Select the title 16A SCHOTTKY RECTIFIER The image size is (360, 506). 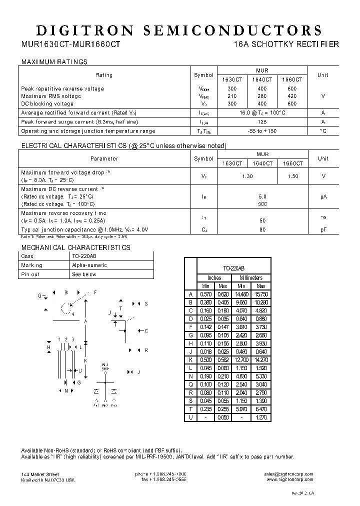click(x=286, y=44)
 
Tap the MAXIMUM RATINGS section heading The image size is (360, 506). click(x=54, y=62)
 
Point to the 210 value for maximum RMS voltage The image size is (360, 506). click(x=232, y=96)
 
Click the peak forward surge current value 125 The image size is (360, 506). click(x=262, y=121)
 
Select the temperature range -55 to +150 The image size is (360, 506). click(x=262, y=131)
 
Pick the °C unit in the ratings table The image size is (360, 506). click(x=323, y=131)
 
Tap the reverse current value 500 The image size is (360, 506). click(x=262, y=204)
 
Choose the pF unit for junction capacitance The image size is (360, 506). click(x=323, y=229)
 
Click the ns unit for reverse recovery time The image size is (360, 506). click(x=323, y=216)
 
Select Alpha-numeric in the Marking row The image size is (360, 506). click(x=89, y=265)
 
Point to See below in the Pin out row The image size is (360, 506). click(x=84, y=274)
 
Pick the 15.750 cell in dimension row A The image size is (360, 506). click(x=261, y=294)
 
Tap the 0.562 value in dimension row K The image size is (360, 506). click(x=223, y=359)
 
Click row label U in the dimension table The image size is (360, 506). click(x=190, y=417)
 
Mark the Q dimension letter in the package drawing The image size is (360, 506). click(x=39, y=295)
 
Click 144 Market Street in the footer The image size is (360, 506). click(x=40, y=474)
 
